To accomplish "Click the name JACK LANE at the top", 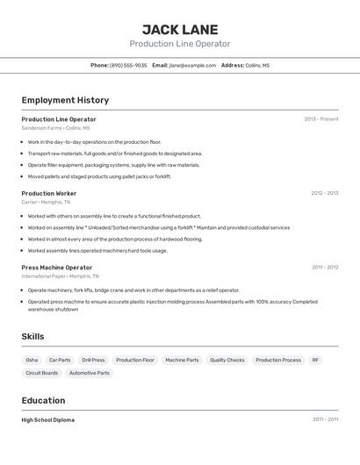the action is click(x=180, y=29).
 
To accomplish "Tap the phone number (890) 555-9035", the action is click(x=128, y=65).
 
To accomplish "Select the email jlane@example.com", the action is click(x=192, y=65).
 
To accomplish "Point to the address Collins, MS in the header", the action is click(x=257, y=65).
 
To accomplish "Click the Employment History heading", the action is click(x=65, y=100).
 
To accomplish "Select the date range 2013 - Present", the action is click(x=321, y=119).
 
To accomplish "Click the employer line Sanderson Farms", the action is click(x=55, y=128).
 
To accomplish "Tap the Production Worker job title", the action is click(x=48, y=193).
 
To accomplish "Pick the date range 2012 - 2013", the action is click(x=324, y=193).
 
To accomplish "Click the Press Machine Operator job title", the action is click(x=56, y=267).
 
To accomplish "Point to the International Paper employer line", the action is click(x=56, y=275).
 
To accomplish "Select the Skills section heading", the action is click(x=32, y=336).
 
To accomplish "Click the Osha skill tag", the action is click(x=32, y=360).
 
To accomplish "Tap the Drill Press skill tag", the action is click(x=93, y=360).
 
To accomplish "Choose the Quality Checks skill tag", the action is click(x=227, y=360).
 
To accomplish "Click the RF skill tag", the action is click(x=315, y=360).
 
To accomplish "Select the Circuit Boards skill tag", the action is click(x=41, y=373).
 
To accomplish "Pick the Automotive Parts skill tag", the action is click(x=90, y=373).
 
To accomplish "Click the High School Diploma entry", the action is click(x=47, y=419).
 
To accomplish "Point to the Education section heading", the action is click(x=44, y=400).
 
